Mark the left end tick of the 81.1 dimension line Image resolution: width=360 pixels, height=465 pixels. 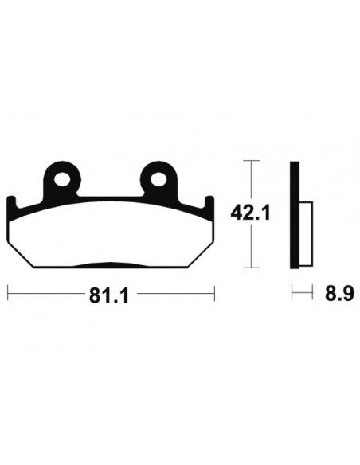pyautogui.click(x=8, y=294)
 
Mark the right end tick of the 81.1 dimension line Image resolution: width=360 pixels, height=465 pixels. pyautogui.click(x=213, y=294)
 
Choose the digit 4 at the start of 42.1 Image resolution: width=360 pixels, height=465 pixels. pyautogui.click(x=237, y=213)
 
